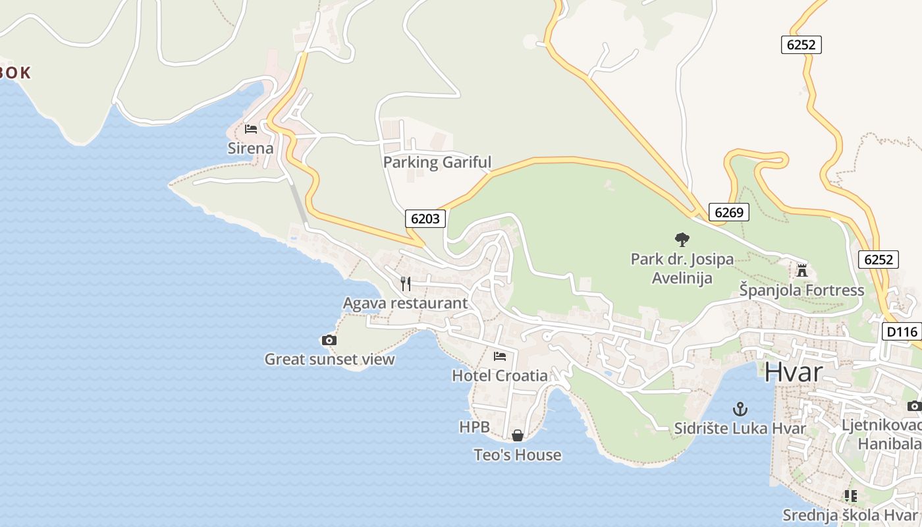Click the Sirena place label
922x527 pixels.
click(x=250, y=148)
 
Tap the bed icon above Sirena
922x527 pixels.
click(x=251, y=129)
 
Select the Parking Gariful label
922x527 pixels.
click(x=437, y=162)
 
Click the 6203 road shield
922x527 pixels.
click(x=425, y=219)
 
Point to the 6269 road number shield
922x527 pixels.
click(x=728, y=212)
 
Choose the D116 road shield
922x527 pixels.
click(x=901, y=331)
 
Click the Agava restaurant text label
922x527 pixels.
click(x=405, y=303)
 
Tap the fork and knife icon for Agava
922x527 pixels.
click(x=406, y=284)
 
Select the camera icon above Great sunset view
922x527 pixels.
click(x=329, y=340)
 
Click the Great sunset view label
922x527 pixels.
click(x=329, y=359)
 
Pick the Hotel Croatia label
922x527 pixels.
click(x=500, y=375)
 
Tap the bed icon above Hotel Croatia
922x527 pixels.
click(x=500, y=356)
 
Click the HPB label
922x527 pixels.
click(x=474, y=427)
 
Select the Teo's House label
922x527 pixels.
click(x=518, y=455)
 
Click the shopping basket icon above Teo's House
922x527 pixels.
click(x=518, y=435)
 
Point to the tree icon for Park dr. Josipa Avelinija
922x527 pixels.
click(x=682, y=240)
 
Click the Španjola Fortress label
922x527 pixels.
click(x=801, y=290)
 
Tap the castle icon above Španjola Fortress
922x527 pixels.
click(x=802, y=270)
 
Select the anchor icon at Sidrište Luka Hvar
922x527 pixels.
click(x=740, y=409)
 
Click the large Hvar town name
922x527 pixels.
click(x=794, y=372)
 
